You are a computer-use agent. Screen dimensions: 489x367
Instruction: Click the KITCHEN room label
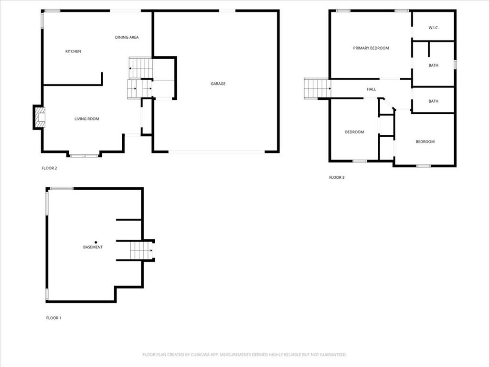[73, 51]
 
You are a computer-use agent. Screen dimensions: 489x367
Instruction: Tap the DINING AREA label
[127, 37]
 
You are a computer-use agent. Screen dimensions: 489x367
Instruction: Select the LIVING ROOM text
[87, 119]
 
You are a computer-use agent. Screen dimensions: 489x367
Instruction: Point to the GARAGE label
[218, 84]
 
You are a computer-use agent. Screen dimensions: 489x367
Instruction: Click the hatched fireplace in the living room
[40, 118]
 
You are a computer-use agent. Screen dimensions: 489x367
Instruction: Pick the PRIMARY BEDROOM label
[371, 48]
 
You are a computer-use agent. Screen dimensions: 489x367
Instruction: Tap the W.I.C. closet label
[434, 27]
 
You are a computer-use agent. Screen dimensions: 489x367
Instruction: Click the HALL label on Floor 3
[371, 89]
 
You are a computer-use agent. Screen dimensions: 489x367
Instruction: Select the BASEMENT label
[93, 247]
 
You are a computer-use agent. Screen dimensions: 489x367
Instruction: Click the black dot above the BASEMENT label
[96, 242]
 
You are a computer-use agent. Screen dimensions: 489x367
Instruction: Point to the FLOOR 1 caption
[53, 318]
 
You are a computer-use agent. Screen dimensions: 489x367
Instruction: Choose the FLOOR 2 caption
[49, 168]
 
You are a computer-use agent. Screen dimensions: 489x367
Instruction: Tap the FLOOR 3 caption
[337, 178]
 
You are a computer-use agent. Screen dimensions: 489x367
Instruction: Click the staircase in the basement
[142, 250]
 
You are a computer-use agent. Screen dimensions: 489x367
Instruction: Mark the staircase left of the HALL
[317, 88]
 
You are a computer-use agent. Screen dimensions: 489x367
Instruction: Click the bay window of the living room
[84, 155]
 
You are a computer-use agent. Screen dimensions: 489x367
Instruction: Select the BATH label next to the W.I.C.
[433, 65]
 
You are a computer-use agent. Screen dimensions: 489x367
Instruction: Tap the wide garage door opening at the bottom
[217, 152]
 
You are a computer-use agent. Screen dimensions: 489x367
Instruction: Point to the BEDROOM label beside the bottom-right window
[425, 141]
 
